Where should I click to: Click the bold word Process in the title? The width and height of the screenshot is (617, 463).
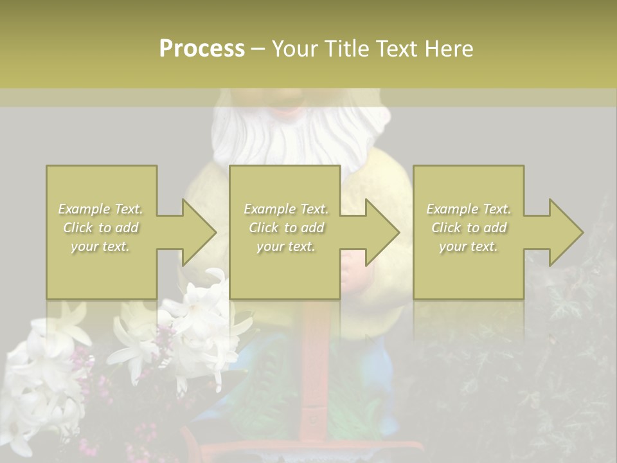[x=202, y=49]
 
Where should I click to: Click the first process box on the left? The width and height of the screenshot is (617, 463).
[x=101, y=232]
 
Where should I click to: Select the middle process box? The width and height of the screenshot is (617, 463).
[x=285, y=232]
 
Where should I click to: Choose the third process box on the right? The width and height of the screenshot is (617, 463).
[x=468, y=232]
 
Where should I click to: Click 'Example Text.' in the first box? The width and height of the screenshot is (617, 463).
[x=101, y=209]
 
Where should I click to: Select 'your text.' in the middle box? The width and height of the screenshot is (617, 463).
[x=285, y=246]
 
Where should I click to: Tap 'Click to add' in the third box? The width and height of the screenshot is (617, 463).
[x=469, y=228]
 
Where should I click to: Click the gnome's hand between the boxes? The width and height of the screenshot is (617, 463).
[x=353, y=271]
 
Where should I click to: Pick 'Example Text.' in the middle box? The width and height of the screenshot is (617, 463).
[x=285, y=209]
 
